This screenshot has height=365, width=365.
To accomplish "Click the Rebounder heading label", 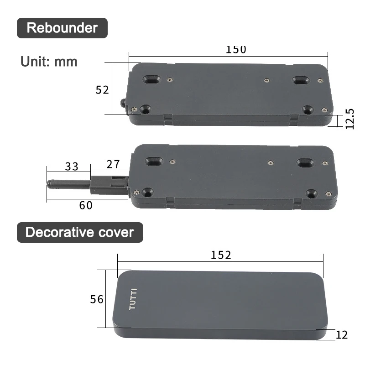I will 62,28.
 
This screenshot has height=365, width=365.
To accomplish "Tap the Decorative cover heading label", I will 79,232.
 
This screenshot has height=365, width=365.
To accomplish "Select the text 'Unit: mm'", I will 49,61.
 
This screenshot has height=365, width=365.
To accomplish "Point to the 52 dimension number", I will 102,90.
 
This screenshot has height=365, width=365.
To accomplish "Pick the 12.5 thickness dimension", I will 349,119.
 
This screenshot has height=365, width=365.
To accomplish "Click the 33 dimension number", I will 71,167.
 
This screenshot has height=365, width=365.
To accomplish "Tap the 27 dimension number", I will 113,164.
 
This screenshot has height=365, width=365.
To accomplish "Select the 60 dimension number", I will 86,206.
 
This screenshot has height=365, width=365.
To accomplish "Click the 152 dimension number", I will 221,255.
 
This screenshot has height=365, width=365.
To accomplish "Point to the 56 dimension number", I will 97,299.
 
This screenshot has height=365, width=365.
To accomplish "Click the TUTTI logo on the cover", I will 133,299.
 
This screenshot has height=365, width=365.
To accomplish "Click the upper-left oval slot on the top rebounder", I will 152,80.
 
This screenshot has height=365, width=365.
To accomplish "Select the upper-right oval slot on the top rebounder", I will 301,81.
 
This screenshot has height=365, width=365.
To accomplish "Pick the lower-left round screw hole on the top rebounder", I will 146,109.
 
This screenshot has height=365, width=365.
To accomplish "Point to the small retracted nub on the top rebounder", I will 123,103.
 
